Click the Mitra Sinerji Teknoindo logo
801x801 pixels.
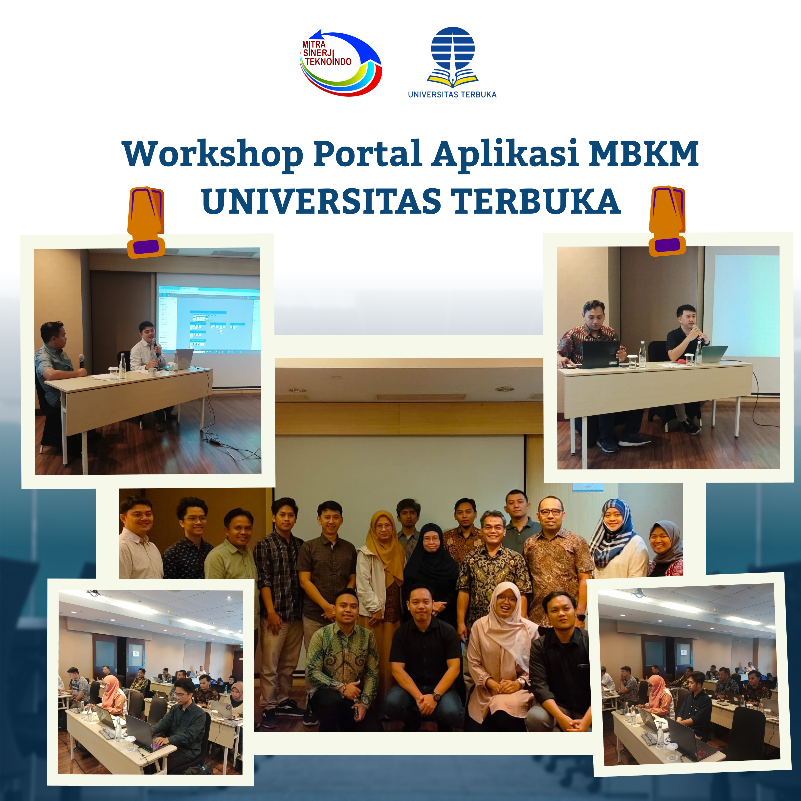pos(340,63)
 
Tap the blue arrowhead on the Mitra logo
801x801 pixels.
pos(316,36)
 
